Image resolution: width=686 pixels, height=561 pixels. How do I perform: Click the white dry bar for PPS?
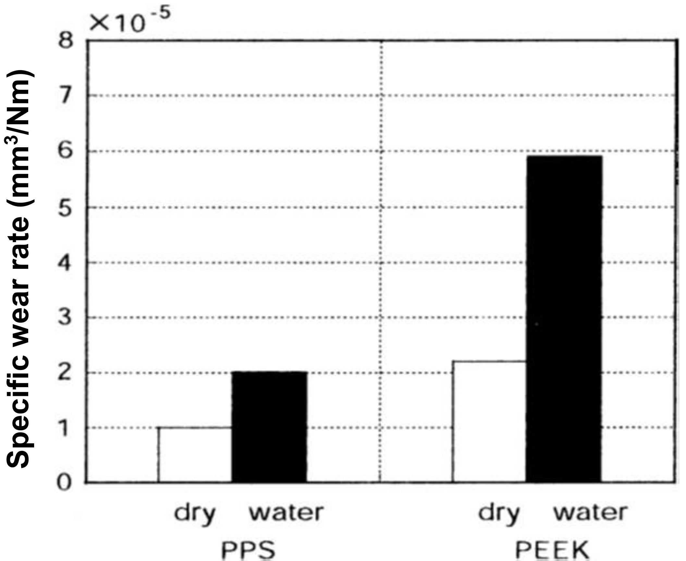(195, 454)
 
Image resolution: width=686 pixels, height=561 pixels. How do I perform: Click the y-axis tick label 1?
(65, 428)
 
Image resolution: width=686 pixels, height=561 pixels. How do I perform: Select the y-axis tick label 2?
(65, 373)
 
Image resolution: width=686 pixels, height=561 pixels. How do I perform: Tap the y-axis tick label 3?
(65, 317)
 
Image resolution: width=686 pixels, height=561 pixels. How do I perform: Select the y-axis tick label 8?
(65, 42)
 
